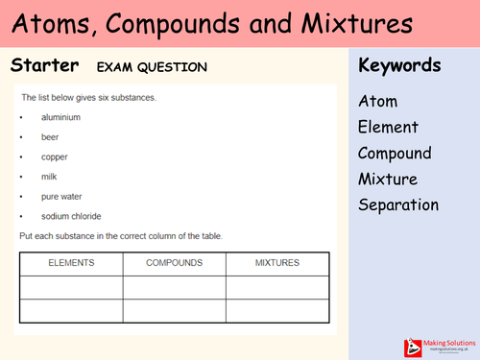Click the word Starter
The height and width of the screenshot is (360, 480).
click(43, 66)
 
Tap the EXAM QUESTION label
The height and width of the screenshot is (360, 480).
click(151, 67)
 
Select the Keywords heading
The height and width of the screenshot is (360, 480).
click(399, 66)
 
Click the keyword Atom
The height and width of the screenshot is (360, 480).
click(377, 101)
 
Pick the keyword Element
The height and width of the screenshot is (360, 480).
click(388, 127)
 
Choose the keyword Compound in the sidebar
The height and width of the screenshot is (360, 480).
click(395, 153)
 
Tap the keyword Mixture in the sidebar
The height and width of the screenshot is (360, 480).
click(387, 179)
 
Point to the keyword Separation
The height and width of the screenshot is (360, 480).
click(398, 204)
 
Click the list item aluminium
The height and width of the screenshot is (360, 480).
click(60, 117)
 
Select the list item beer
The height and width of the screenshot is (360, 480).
click(51, 137)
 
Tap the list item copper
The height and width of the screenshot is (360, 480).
click(55, 156)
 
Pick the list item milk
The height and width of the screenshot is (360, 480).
click(50, 177)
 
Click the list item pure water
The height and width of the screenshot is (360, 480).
click(61, 196)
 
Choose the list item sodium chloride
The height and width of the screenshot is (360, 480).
click(71, 216)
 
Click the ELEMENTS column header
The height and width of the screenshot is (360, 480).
click(71, 263)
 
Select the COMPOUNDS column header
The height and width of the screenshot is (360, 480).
click(174, 263)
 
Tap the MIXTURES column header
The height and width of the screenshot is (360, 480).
click(276, 263)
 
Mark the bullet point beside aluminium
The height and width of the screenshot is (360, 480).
click(21, 117)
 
